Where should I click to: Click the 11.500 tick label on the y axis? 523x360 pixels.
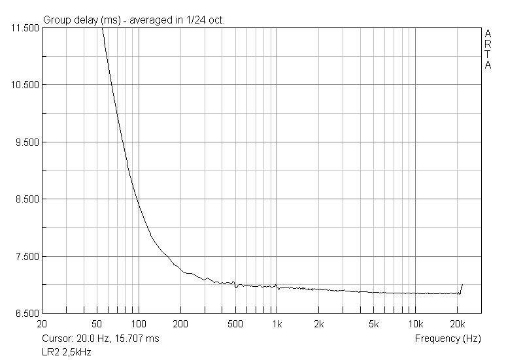(24, 28)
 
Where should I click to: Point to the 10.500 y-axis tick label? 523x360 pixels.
(24, 85)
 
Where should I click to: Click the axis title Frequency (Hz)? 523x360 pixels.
(447, 338)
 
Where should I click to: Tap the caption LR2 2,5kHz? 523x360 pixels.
(66, 352)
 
